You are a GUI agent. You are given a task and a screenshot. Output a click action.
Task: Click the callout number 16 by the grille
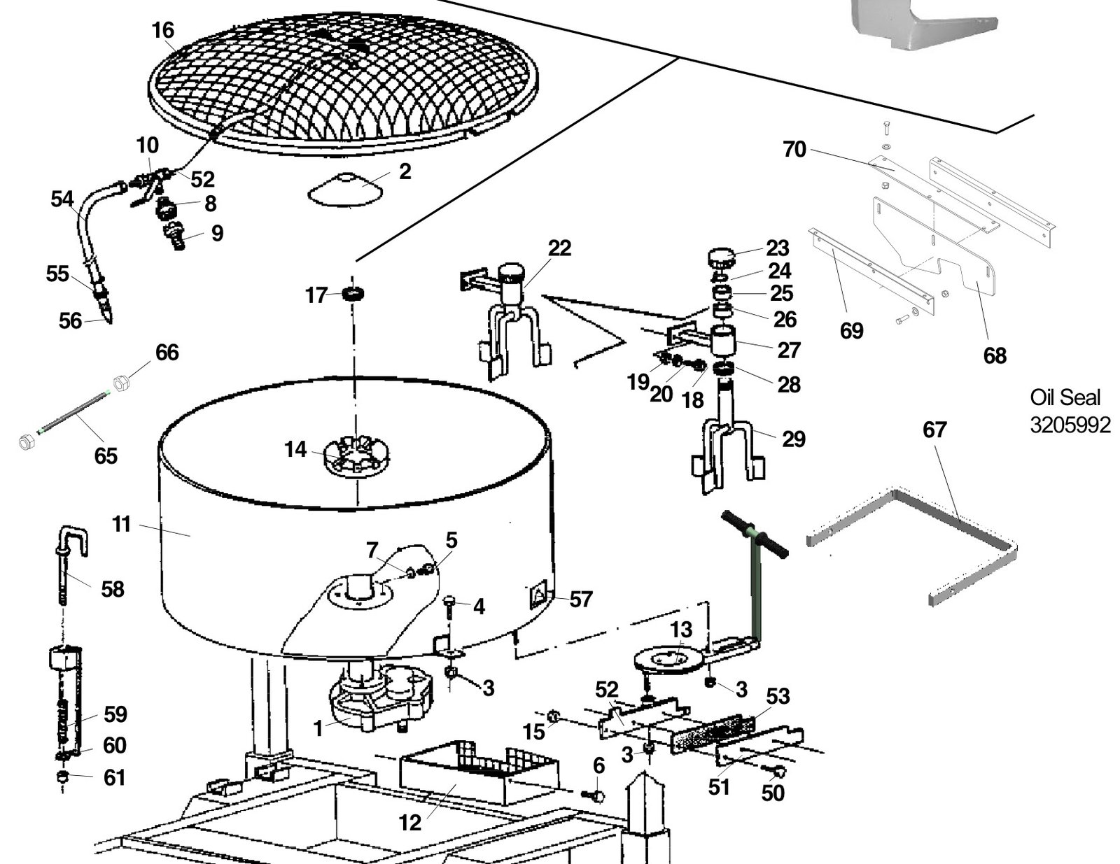pos(162,30)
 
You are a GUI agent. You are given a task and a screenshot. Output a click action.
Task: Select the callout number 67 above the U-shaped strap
pos(934,429)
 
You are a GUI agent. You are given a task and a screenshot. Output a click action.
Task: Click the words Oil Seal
pos(1065,397)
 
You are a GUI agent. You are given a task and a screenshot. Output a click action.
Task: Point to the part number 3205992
pos(1070,425)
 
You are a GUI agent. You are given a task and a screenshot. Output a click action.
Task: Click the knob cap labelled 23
pos(722,258)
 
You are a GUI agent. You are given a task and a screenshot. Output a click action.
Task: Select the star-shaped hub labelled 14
pos(356,456)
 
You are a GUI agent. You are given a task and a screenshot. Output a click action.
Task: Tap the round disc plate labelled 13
pos(666,659)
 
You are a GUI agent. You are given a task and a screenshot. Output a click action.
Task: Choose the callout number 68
pos(995,355)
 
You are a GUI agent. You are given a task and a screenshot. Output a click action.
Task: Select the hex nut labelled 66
pos(122,382)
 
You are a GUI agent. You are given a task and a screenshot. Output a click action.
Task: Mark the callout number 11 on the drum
pos(122,523)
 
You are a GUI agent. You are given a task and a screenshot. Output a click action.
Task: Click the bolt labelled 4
pos(450,605)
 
